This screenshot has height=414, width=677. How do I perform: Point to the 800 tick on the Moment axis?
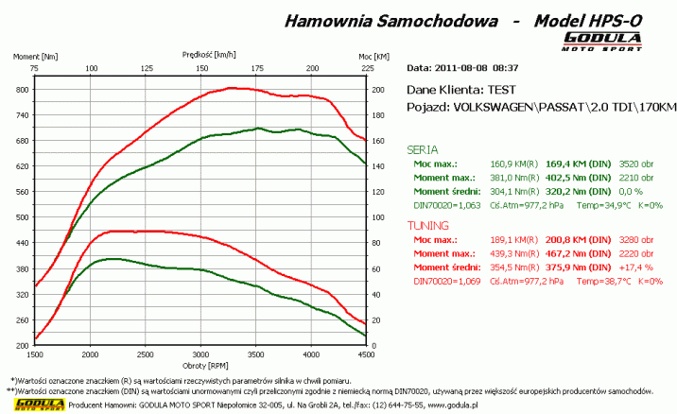point(20,90)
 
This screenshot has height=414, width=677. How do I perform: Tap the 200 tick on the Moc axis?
point(379,90)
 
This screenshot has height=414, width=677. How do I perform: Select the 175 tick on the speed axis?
point(257,68)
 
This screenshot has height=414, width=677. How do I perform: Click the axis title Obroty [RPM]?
point(200,365)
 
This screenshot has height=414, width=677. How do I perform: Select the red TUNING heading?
point(427,227)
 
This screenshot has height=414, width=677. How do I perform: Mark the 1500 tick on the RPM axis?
point(35,354)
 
